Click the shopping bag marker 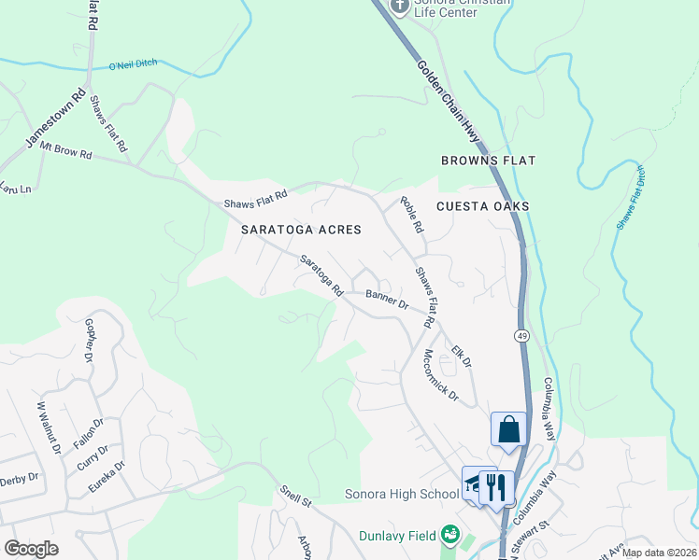[x=509, y=430]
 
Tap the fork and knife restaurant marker [x=497, y=486]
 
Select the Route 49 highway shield [x=521, y=334]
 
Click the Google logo [x=31, y=549]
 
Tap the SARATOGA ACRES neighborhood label [x=300, y=229]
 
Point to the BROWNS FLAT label [x=488, y=161]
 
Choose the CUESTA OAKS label [x=482, y=205]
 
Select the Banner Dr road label [x=387, y=299]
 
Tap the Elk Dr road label [x=461, y=356]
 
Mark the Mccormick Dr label [x=440, y=376]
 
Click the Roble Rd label [x=411, y=214]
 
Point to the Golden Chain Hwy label [x=449, y=103]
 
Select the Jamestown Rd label [x=56, y=119]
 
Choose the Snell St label [x=295, y=495]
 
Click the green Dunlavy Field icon [x=451, y=535]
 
